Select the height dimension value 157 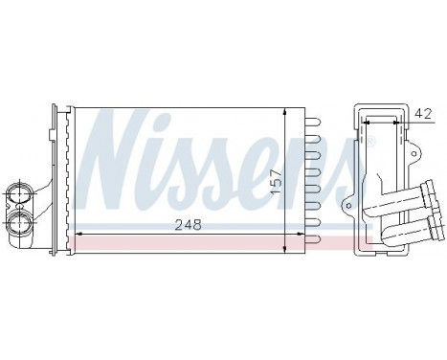[x=277, y=176]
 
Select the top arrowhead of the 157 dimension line [x=286, y=114]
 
